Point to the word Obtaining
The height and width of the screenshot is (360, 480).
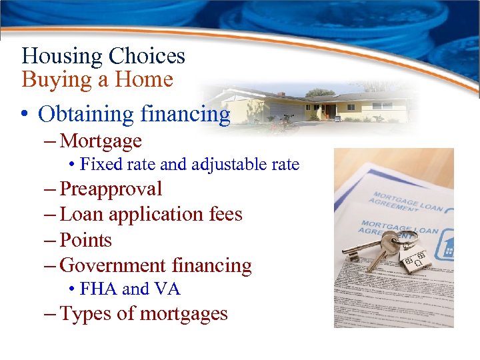(86, 115)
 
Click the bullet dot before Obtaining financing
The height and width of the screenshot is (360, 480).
(25, 115)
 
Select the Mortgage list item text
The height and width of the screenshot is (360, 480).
(101, 141)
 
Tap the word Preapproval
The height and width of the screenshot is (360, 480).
(111, 189)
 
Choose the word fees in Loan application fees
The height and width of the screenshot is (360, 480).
(224, 215)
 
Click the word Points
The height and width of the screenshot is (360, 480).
(85, 240)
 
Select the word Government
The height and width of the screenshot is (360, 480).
(113, 266)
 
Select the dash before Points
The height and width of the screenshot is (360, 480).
(51, 241)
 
